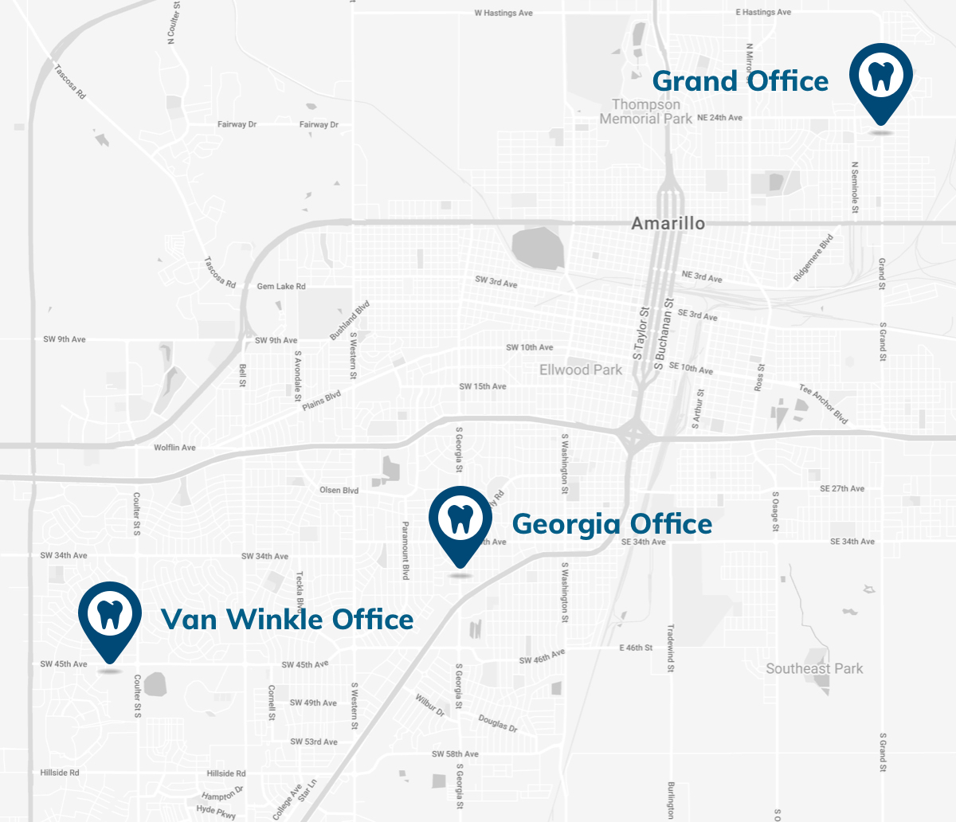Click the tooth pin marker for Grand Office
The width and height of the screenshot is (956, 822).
tap(880, 77)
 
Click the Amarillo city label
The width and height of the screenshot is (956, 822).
tap(668, 223)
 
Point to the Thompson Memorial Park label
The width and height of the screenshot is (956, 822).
tap(646, 112)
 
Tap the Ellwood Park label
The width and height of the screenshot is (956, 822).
tap(580, 370)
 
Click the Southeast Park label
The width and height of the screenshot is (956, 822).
tap(814, 668)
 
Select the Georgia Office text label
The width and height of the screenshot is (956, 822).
tap(612, 524)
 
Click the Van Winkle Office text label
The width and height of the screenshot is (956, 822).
tap(287, 620)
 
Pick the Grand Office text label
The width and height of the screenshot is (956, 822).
tap(740, 81)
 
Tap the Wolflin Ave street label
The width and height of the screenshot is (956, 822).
tap(174, 448)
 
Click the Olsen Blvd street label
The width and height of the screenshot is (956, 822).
tap(339, 491)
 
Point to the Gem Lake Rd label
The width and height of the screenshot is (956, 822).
tap(281, 287)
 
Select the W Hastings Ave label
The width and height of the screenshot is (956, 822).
tap(503, 14)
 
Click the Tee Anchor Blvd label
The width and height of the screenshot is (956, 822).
tap(824, 404)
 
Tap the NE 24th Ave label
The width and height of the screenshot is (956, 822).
tap(719, 118)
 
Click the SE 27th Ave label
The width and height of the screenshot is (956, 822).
tap(842, 489)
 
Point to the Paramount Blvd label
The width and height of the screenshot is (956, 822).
tap(405, 550)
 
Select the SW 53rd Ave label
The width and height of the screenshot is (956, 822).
tap(314, 742)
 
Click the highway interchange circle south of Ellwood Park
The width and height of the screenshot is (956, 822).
tap(634, 436)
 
